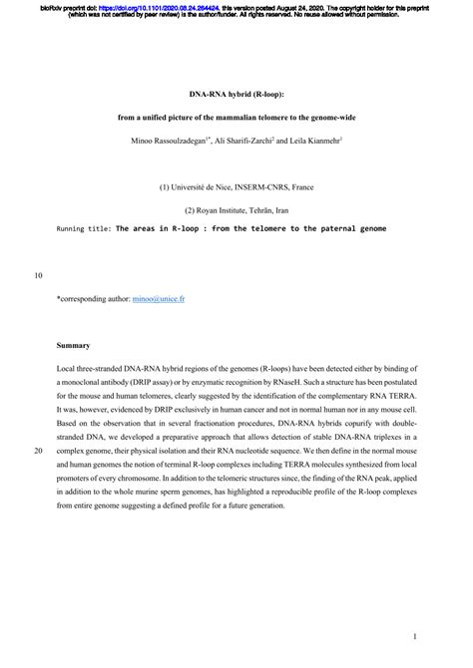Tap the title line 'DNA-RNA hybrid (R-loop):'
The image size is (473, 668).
pos(236,97)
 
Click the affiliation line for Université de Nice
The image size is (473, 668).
pos(236,186)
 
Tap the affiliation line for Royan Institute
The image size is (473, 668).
pos(236,209)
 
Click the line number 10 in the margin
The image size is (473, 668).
pos(38,275)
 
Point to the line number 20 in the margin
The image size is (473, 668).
pos(38,452)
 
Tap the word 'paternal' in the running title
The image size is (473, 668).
pos(323,228)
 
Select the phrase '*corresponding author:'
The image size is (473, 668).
pos(94,298)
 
